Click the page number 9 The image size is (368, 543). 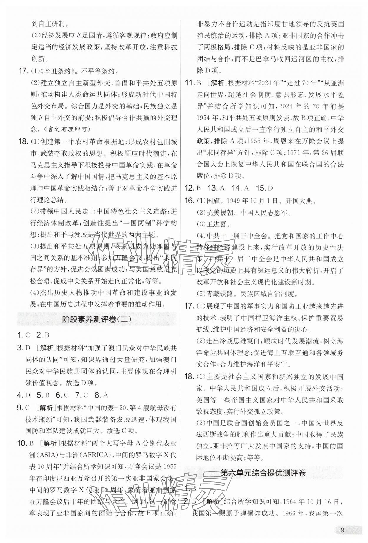342,530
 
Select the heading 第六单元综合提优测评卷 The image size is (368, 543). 263,481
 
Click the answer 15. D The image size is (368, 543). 265,188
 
